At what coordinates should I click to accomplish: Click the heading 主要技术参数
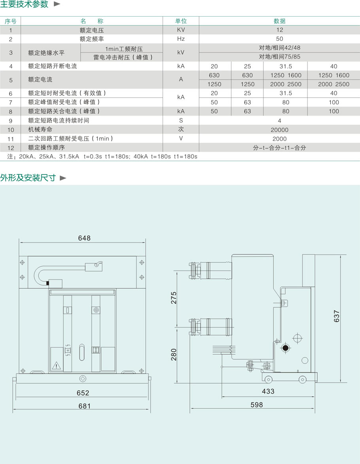point(25,4)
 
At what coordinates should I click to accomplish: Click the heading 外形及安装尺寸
point(28,178)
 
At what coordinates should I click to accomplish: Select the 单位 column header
point(181,21)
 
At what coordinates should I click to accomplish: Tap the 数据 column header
point(279,21)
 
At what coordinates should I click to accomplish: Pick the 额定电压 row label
point(91,30)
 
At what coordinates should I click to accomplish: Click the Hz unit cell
point(181,39)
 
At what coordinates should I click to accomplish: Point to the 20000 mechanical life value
point(279,130)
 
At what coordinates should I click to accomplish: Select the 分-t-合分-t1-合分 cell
point(279,148)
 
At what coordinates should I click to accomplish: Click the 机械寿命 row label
point(40,130)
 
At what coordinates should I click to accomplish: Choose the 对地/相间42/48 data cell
point(279,48)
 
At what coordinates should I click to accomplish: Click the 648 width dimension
point(84,238)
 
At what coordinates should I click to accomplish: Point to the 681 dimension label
point(84,406)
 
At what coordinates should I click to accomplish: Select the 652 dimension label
point(83,393)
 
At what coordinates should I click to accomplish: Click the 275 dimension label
point(174,297)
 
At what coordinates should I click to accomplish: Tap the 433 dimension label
point(268,392)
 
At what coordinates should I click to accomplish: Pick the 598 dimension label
point(256,405)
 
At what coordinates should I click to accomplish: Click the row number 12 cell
point(11,148)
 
